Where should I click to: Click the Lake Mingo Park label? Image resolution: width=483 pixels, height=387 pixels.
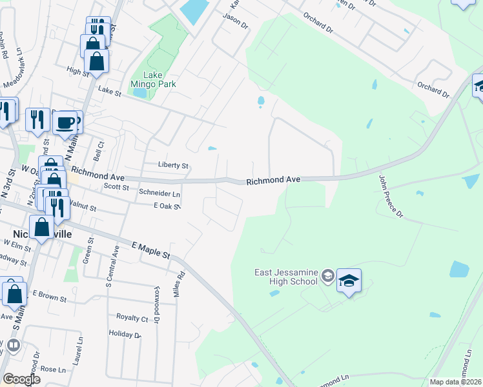(153, 79)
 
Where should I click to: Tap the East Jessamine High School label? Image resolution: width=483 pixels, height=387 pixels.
(285, 277)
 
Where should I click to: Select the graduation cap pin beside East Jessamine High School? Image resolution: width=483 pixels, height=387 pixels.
(349, 281)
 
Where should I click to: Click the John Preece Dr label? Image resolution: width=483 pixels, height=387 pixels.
(390, 195)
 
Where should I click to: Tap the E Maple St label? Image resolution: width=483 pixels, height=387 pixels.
(150, 251)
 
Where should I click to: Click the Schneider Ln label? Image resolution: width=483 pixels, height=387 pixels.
(159, 193)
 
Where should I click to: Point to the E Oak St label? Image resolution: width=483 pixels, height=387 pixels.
(165, 206)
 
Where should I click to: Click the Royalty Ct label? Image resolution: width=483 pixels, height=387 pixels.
(132, 318)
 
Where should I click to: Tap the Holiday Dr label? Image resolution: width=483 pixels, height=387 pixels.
(125, 334)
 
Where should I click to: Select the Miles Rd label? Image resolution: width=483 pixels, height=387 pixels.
(179, 284)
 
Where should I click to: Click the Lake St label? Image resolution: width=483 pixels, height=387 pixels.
(109, 92)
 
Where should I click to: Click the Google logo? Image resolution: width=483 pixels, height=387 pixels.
(21, 379)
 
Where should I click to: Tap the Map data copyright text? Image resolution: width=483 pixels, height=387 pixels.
(455, 382)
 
